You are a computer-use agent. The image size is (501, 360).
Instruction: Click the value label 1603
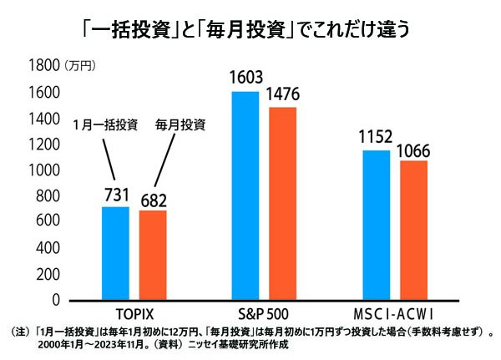[245, 79]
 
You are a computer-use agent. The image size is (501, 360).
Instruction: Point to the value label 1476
[283, 94]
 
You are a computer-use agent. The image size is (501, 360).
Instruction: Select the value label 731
[115, 195]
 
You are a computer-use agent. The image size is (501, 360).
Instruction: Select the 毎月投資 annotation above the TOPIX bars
[180, 125]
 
